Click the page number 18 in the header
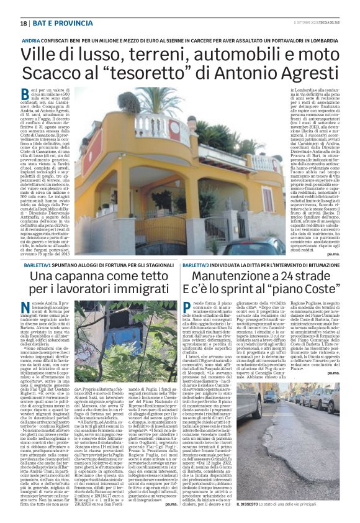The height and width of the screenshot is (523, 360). tap(23, 23)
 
